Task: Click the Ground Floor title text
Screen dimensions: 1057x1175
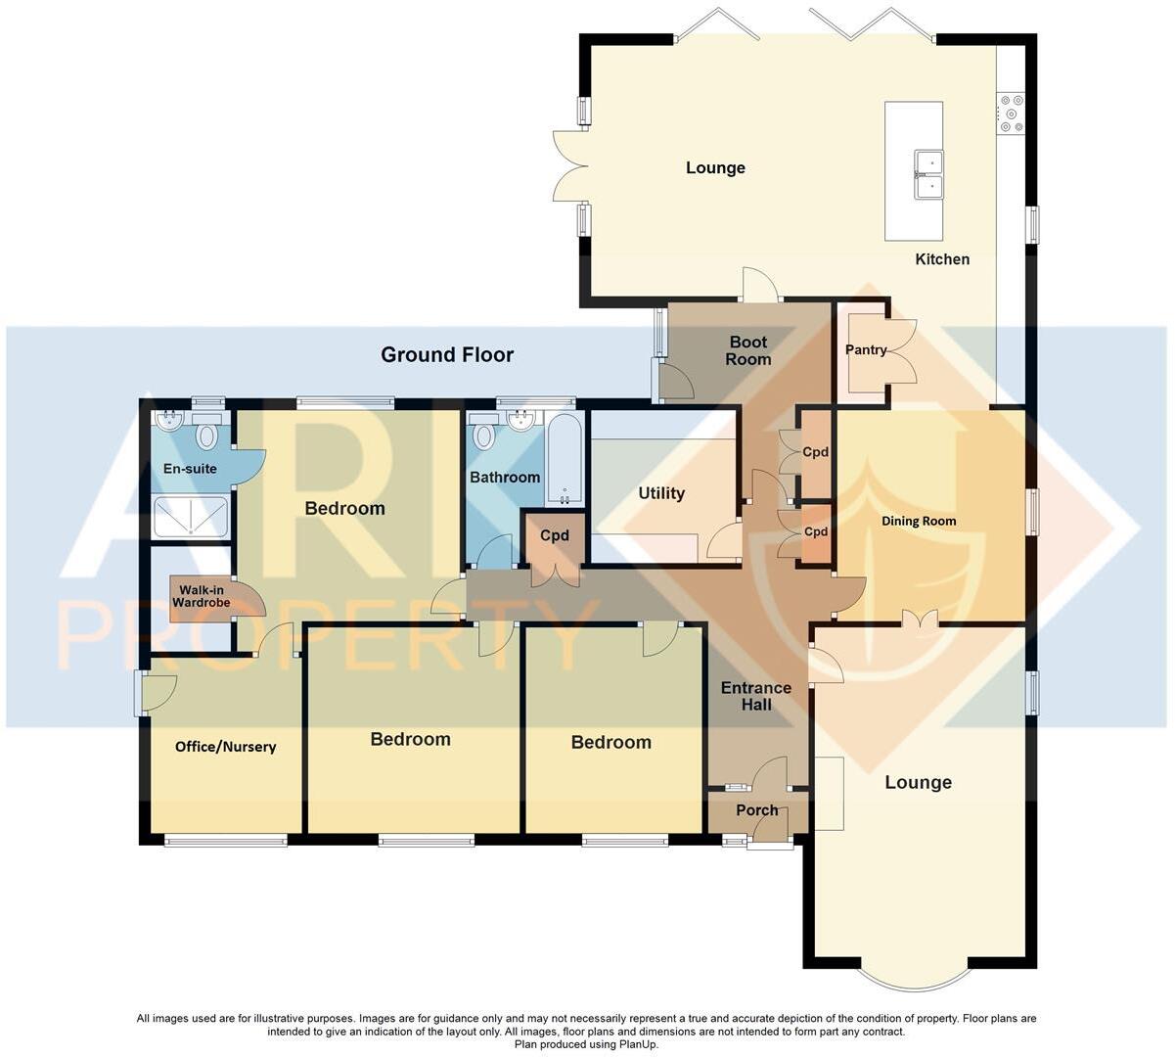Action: [447, 354]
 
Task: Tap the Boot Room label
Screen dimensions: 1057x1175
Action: [748, 350]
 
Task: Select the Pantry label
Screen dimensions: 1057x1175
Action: [866, 349]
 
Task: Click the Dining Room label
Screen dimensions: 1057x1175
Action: [919, 521]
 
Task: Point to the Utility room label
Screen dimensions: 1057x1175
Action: [661, 493]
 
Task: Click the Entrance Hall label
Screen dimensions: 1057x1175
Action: [755, 696]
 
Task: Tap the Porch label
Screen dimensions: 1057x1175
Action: [756, 810]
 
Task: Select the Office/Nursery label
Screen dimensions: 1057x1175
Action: [225, 747]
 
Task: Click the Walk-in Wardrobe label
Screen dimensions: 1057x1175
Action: [202, 596]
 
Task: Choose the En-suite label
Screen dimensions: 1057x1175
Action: [190, 469]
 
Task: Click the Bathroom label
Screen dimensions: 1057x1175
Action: [505, 478]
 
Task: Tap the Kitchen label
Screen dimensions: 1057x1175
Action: [942, 259]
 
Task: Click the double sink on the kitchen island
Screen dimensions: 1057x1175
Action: [928, 173]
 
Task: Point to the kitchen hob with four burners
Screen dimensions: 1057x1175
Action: [1010, 113]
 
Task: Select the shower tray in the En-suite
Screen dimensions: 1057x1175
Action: [191, 517]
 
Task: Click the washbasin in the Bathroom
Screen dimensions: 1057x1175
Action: [521, 421]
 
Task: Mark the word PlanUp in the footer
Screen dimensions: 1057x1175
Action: [636, 1044]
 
